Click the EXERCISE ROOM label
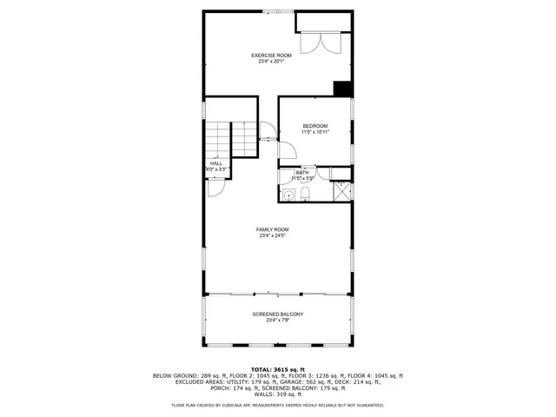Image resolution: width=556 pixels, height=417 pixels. pyautogui.click(x=270, y=56)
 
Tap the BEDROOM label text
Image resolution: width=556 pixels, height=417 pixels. pyautogui.click(x=314, y=126)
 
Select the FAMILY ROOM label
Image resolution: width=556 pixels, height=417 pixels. pyautogui.click(x=272, y=229)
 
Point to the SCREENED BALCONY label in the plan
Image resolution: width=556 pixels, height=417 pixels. pyautogui.click(x=277, y=314)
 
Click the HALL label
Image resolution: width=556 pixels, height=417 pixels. pyautogui.click(x=215, y=162)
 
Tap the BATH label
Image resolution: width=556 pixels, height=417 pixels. pyautogui.click(x=301, y=172)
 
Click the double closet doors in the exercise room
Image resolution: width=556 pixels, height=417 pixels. pyautogui.click(x=314, y=44)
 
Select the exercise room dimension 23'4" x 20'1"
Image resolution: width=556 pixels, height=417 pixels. pyautogui.click(x=270, y=62)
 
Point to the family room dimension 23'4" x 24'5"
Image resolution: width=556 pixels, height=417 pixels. pyautogui.click(x=272, y=235)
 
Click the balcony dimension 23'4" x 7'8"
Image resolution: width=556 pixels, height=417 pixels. pyautogui.click(x=277, y=320)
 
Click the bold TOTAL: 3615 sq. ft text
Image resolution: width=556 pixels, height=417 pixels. pyautogui.click(x=277, y=369)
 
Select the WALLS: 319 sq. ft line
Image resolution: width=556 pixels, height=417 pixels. pyautogui.click(x=277, y=394)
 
